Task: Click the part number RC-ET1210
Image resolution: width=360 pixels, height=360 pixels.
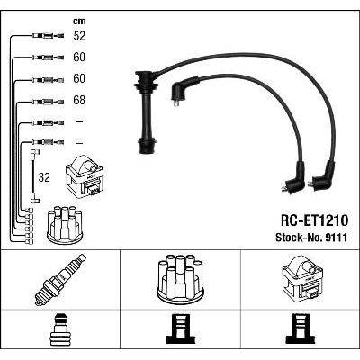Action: [x=314, y=220]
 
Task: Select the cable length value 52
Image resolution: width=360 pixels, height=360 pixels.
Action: [x=79, y=36]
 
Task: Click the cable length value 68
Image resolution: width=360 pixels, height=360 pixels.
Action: [x=79, y=100]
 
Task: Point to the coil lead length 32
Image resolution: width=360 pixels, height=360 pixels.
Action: [x=44, y=177]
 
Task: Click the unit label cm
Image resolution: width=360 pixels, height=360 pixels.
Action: [x=79, y=21]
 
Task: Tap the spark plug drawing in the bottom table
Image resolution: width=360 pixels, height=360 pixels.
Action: [x=60, y=279]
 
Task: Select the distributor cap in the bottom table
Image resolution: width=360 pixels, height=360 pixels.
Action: [x=181, y=278]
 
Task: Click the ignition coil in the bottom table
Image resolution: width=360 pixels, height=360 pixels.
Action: [x=302, y=279]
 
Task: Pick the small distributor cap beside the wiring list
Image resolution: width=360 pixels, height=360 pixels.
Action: [x=65, y=224]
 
